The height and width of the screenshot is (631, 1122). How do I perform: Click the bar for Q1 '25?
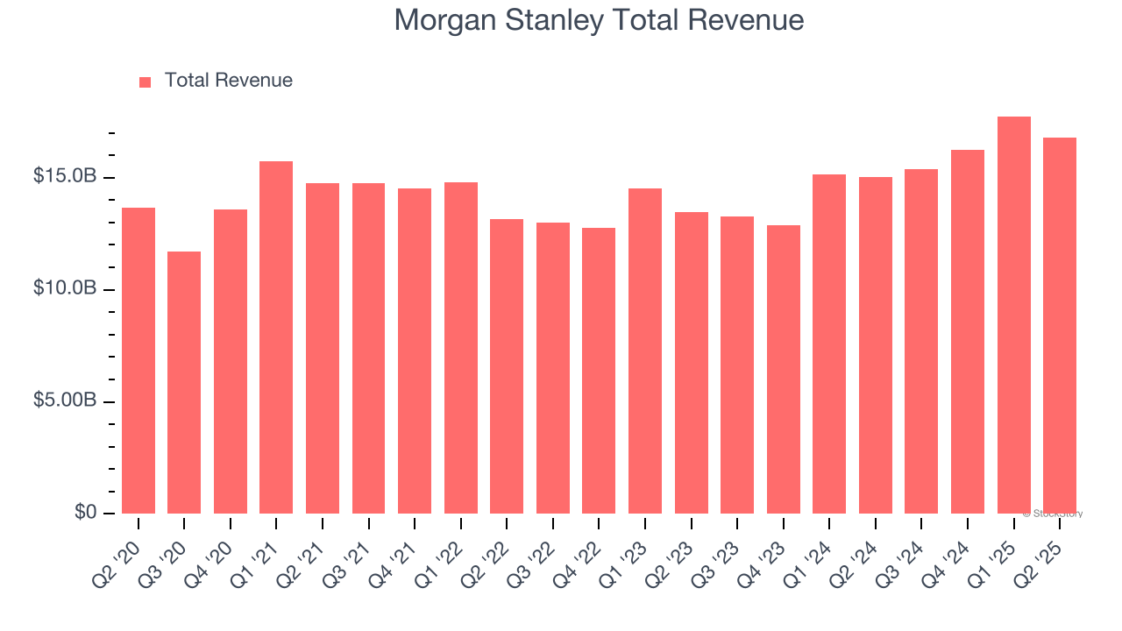tap(1013, 315)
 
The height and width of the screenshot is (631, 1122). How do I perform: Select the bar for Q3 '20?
tap(184, 383)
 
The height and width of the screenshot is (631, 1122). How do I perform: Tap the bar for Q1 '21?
tap(276, 337)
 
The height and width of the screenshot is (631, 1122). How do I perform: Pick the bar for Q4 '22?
tap(599, 371)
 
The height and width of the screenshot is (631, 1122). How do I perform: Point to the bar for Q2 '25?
tap(1060, 326)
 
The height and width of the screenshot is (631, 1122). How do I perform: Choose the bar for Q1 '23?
tap(645, 351)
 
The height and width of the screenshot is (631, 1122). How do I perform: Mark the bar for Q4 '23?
tap(783, 370)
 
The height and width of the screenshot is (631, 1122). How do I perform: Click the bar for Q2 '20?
tap(138, 360)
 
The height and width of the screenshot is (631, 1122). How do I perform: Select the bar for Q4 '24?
tap(968, 332)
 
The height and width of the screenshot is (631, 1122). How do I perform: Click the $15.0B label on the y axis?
tap(65, 177)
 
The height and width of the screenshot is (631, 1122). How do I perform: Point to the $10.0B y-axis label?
tap(65, 289)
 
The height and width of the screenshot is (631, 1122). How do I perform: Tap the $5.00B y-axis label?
tap(65, 401)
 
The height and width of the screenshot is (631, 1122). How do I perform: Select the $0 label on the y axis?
tap(84, 513)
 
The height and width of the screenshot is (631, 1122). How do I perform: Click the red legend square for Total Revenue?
tap(146, 82)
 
